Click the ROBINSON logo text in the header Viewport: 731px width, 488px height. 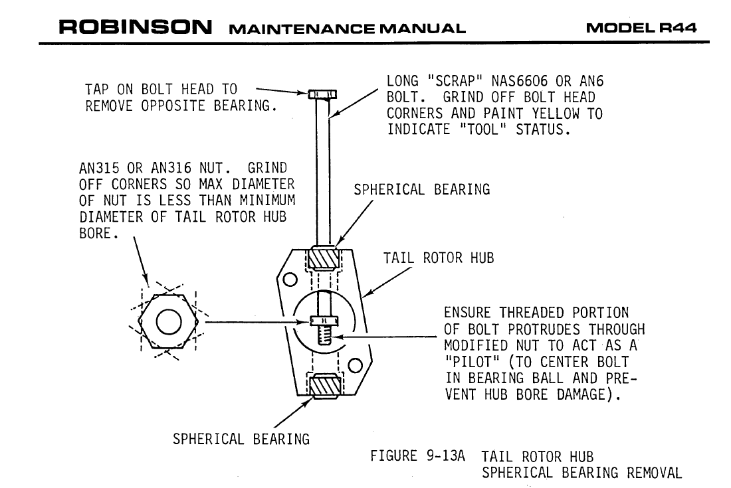(x=135, y=27)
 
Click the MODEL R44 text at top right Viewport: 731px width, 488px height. (x=641, y=28)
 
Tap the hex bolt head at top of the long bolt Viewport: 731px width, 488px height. (x=322, y=94)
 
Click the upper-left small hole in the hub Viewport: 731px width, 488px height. (x=290, y=280)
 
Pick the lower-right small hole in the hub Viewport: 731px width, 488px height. (x=355, y=365)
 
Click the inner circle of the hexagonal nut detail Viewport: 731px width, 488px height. (x=169, y=322)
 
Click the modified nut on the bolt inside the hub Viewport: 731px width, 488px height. (x=324, y=321)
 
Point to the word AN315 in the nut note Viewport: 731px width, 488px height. (x=99, y=167)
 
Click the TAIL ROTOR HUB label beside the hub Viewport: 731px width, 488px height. (x=438, y=258)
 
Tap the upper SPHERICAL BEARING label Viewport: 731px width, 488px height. (x=422, y=189)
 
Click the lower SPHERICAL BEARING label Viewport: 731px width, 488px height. (x=241, y=439)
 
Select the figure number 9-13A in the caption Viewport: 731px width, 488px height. (x=445, y=455)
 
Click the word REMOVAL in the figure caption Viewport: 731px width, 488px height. (x=654, y=473)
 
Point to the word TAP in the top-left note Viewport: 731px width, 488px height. (x=96, y=89)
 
